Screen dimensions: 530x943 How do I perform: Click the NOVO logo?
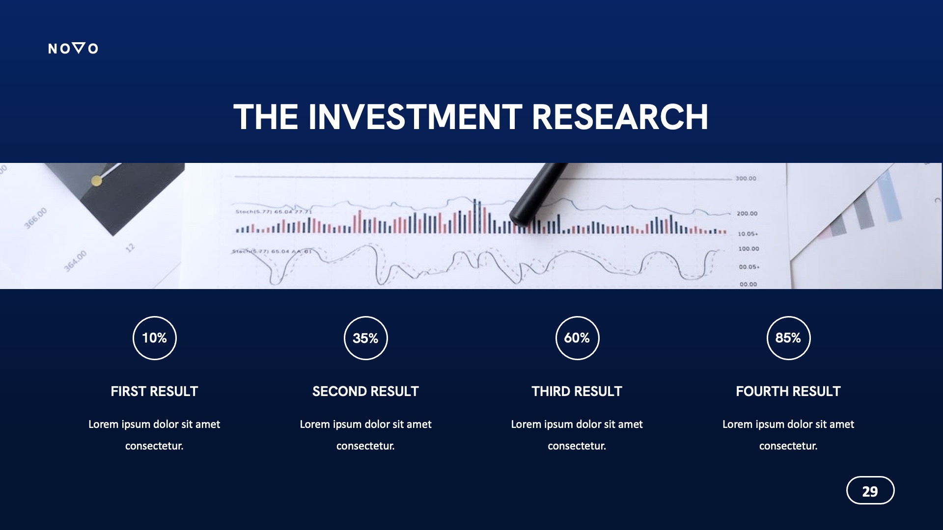[x=73, y=48]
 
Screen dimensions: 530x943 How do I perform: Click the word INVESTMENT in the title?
[x=415, y=117]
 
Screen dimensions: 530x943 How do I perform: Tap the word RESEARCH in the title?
[x=619, y=117]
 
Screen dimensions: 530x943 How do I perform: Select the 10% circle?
[x=154, y=338]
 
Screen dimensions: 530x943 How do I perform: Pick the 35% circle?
[x=365, y=338]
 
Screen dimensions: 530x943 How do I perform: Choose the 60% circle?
[x=577, y=338]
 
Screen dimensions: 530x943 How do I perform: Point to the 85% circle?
[x=788, y=338]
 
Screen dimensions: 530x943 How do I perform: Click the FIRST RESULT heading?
[x=154, y=391]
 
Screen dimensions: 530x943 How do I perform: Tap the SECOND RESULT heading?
[x=365, y=391]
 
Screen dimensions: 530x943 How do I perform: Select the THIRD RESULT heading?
[x=577, y=391]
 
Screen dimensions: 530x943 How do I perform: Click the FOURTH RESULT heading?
[x=788, y=391]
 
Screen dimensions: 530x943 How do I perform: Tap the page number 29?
[x=870, y=491]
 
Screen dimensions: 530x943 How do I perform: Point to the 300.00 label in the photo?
[x=746, y=179]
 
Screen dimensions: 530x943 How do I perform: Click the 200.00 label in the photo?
[x=747, y=213]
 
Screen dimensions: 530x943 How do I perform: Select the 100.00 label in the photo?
[x=749, y=249]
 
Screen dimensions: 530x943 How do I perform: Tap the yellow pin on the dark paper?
[x=97, y=181]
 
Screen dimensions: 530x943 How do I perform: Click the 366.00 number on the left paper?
[x=35, y=218]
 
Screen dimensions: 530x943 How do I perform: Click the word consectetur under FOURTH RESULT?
[x=788, y=446]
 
